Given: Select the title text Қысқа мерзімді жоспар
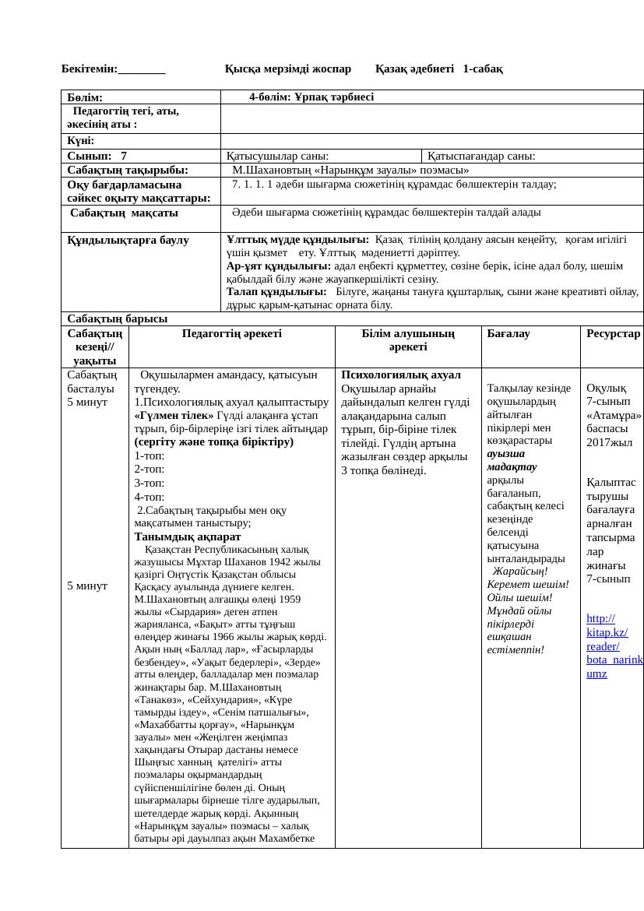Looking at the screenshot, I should pos(288,69).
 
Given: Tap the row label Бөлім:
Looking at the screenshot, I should pos(85,97).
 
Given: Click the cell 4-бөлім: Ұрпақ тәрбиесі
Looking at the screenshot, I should pos(311,97).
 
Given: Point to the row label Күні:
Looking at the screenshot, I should pos(81,141).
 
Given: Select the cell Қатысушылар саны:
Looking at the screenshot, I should pos(278,156).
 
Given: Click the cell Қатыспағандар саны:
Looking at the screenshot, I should pos(482,156).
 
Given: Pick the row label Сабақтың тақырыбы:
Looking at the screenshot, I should pos(128,170).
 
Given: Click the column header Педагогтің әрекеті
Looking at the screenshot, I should pos(232,333).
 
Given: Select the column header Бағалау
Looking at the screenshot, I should pos(509,333).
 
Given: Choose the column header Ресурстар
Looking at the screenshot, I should pos(613,333).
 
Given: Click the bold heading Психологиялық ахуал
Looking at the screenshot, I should pos(401,375).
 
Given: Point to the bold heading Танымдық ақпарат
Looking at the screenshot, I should pos(188,536).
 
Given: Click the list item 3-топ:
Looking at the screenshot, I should pos(150,483).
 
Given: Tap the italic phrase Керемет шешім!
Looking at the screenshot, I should pos(528,584).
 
